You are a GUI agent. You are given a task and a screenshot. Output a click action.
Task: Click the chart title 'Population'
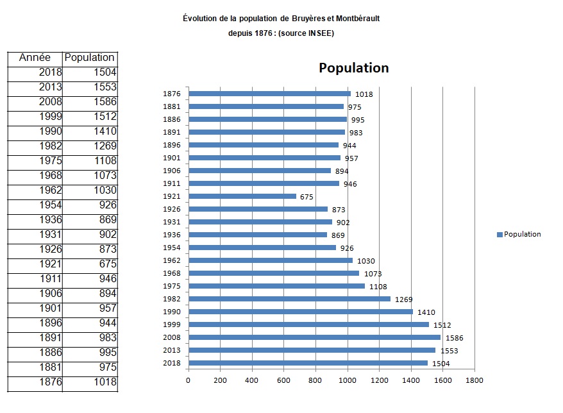click(x=353, y=68)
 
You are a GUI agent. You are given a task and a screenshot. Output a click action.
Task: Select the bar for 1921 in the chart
click(x=242, y=196)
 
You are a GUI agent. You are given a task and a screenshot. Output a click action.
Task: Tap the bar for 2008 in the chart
click(x=314, y=337)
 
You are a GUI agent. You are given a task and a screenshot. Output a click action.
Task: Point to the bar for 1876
click(x=269, y=94)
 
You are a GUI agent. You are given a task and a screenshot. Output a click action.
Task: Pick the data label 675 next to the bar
click(x=307, y=197)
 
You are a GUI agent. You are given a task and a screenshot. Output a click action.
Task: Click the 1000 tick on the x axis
click(x=348, y=381)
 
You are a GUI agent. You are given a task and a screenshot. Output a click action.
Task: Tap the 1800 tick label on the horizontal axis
click(x=475, y=381)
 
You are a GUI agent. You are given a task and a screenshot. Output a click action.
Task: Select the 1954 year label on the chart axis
click(x=172, y=248)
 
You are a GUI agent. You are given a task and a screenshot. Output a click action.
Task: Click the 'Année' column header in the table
click(x=35, y=58)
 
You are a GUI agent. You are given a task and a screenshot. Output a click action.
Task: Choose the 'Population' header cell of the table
click(x=90, y=58)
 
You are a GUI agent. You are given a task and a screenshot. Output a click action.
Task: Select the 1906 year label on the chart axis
click(x=172, y=171)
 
